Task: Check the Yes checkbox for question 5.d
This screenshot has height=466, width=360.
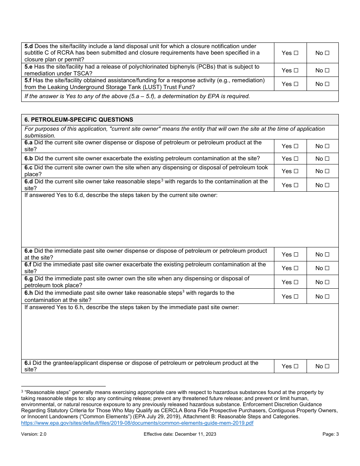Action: coord(296,53)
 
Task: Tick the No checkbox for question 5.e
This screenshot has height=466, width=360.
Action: coord(327,70)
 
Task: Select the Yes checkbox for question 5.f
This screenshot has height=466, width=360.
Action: coord(296,84)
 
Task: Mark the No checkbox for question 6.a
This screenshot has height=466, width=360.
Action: coord(327,146)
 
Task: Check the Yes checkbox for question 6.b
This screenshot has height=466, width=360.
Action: coord(296,159)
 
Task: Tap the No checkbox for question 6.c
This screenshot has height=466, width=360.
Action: coord(327,171)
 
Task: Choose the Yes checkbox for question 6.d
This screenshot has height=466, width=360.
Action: coord(296,185)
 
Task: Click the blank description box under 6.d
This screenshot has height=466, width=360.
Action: coord(180,224)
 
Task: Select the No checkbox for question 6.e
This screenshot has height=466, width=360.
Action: coord(327,255)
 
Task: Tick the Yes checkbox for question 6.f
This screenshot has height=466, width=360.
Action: coord(296,268)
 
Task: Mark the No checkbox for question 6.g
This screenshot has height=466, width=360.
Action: coord(327,282)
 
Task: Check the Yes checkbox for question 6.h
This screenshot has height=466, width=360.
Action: coord(296,297)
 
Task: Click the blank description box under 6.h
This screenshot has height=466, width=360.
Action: coord(180,335)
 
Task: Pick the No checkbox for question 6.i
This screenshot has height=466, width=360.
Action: coord(327,366)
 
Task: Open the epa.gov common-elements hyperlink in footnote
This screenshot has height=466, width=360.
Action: coord(137,423)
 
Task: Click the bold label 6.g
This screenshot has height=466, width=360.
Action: coord(28,278)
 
